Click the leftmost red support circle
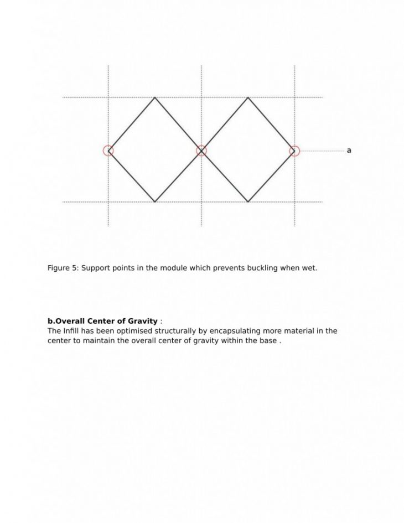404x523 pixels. (x=108, y=151)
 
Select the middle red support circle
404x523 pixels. (x=201, y=151)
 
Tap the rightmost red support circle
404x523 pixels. (x=294, y=151)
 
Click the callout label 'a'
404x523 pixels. (x=349, y=151)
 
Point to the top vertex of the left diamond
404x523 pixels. (x=155, y=98)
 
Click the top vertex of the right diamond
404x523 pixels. (x=248, y=98)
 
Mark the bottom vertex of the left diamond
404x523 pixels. (x=155, y=202)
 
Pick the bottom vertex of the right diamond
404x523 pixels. (x=248, y=202)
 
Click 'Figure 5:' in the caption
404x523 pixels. (x=63, y=268)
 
